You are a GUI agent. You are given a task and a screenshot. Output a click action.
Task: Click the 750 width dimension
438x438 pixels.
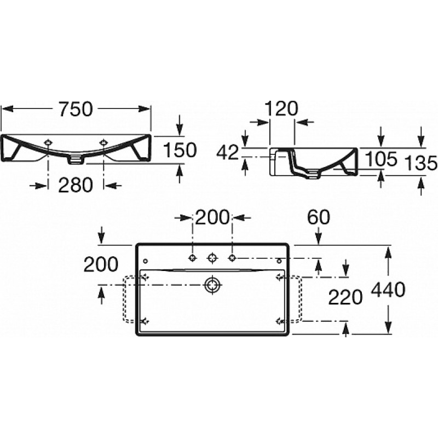76,109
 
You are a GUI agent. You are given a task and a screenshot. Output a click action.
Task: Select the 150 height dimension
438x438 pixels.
180,150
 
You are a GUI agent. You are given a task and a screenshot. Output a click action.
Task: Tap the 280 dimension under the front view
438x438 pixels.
76,185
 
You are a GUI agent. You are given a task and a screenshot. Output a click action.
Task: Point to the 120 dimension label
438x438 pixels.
281,108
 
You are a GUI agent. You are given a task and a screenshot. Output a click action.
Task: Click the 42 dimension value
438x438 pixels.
228,153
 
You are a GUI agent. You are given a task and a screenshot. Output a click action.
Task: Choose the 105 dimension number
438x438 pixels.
381,159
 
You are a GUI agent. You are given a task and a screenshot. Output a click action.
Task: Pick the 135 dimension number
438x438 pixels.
420,163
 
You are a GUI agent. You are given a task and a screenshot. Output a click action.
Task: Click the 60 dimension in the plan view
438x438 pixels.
319,217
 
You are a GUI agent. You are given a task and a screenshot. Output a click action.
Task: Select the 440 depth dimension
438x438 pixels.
388,290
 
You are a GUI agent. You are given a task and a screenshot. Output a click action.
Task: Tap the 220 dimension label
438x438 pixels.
345,297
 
